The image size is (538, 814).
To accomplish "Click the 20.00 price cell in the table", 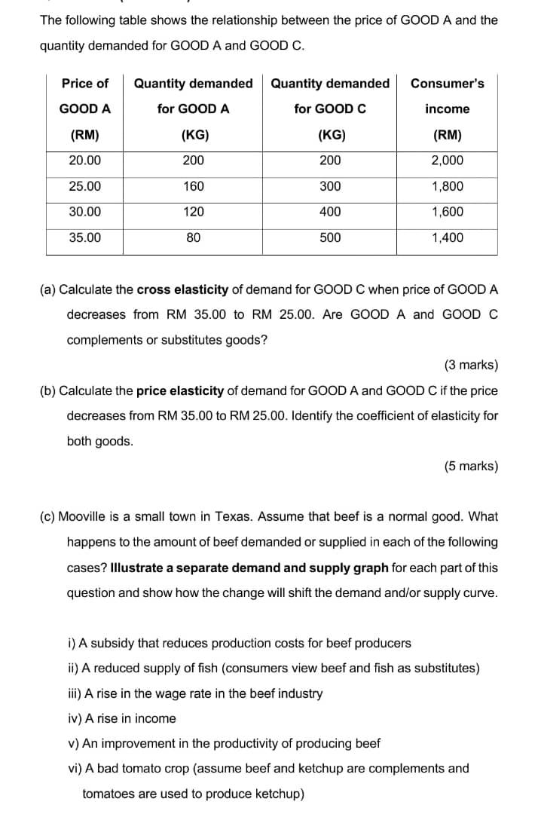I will tap(85, 161).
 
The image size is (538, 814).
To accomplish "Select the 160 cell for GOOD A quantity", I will tap(193, 186).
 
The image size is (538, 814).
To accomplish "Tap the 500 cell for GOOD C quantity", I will tap(329, 237).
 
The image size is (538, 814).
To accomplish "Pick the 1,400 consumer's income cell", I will tap(447, 237).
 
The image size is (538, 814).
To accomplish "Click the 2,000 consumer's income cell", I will tap(447, 161).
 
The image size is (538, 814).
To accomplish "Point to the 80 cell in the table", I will tap(193, 237).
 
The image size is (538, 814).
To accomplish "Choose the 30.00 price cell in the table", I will tap(85, 212).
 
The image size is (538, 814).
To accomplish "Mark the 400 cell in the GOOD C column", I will tap(329, 212).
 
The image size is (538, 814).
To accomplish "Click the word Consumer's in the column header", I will tap(447, 83).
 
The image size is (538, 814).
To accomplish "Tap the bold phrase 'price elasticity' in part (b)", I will tap(180, 390).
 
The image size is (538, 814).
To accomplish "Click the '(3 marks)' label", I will tap(471, 366).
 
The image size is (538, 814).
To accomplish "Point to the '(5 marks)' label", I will tap(471, 466).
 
